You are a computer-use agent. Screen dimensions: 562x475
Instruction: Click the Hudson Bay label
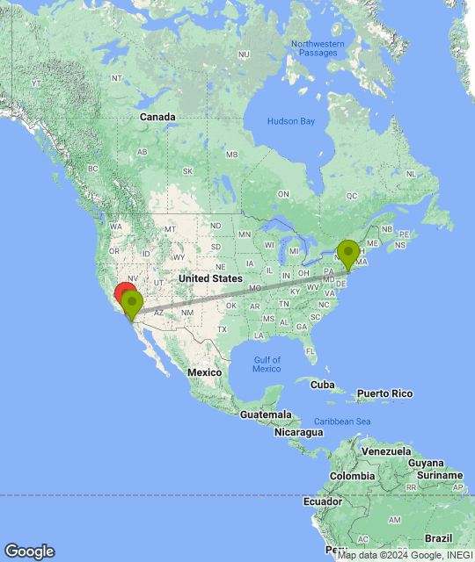pos(291,121)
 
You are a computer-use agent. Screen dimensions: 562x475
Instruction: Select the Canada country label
pos(157,117)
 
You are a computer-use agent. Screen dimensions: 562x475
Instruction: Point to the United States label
pos(210,278)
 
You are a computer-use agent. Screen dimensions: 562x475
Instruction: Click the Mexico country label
pos(203,372)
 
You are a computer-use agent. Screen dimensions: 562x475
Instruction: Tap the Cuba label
pos(323,385)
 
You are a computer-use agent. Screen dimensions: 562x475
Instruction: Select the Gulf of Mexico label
pos(267,364)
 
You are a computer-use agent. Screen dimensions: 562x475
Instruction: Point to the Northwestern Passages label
pos(314,48)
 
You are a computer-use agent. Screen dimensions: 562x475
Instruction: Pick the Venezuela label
pos(387,451)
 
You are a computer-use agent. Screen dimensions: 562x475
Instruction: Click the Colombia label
pos(353,476)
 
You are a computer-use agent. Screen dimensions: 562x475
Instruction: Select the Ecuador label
pos(322,502)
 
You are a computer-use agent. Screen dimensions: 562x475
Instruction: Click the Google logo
pos(29,551)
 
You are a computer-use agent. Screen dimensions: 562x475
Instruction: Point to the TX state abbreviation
pos(222,329)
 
